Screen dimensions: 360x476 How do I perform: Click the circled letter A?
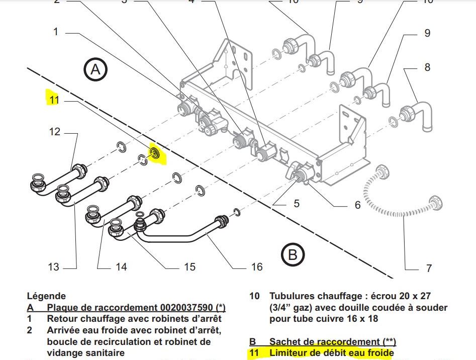[x=96, y=70]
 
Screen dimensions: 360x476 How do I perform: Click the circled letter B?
[x=292, y=255]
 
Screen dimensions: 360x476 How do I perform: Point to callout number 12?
[x=55, y=132]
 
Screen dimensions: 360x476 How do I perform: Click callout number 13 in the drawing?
[x=54, y=266]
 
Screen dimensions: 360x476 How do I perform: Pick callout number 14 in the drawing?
[x=121, y=266]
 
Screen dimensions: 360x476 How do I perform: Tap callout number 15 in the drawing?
[x=189, y=266]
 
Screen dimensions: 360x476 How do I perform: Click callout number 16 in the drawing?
[x=257, y=266]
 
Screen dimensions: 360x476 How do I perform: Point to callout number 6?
[x=357, y=205]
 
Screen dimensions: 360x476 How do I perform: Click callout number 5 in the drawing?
[x=297, y=203]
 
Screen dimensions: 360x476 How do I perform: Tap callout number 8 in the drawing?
[x=427, y=67]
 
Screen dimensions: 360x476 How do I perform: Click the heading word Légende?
[x=46, y=296]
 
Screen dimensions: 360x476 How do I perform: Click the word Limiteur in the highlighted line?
[x=290, y=353]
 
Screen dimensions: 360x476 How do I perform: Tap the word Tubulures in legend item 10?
[x=293, y=296]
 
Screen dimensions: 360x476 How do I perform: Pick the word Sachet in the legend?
[x=284, y=342]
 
